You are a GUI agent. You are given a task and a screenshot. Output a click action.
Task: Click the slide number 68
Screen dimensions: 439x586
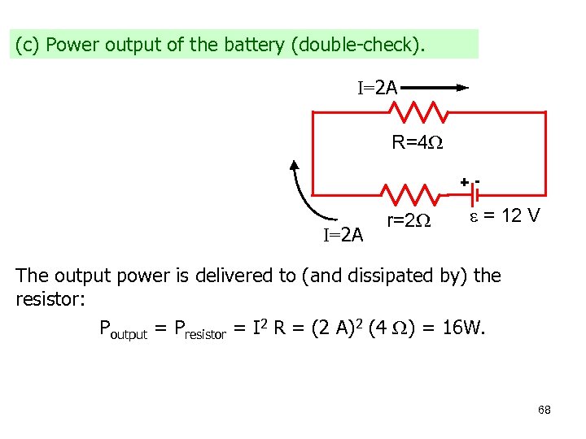tap(544, 410)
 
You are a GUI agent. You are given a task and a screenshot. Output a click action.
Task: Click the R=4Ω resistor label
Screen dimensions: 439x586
tap(417, 143)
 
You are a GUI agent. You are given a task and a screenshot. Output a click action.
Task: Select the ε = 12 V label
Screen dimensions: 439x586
tap(503, 217)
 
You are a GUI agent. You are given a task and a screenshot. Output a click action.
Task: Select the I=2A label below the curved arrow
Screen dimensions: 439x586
tap(343, 236)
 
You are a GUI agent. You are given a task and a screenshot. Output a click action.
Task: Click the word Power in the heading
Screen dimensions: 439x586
tap(68, 45)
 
